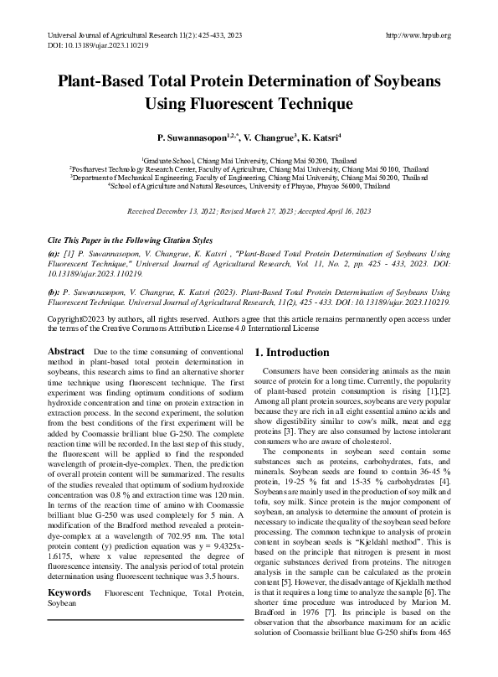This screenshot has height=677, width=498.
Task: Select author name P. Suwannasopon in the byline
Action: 187,136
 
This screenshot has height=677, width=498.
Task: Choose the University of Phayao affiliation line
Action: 249,186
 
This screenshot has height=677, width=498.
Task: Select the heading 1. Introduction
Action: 292,353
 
